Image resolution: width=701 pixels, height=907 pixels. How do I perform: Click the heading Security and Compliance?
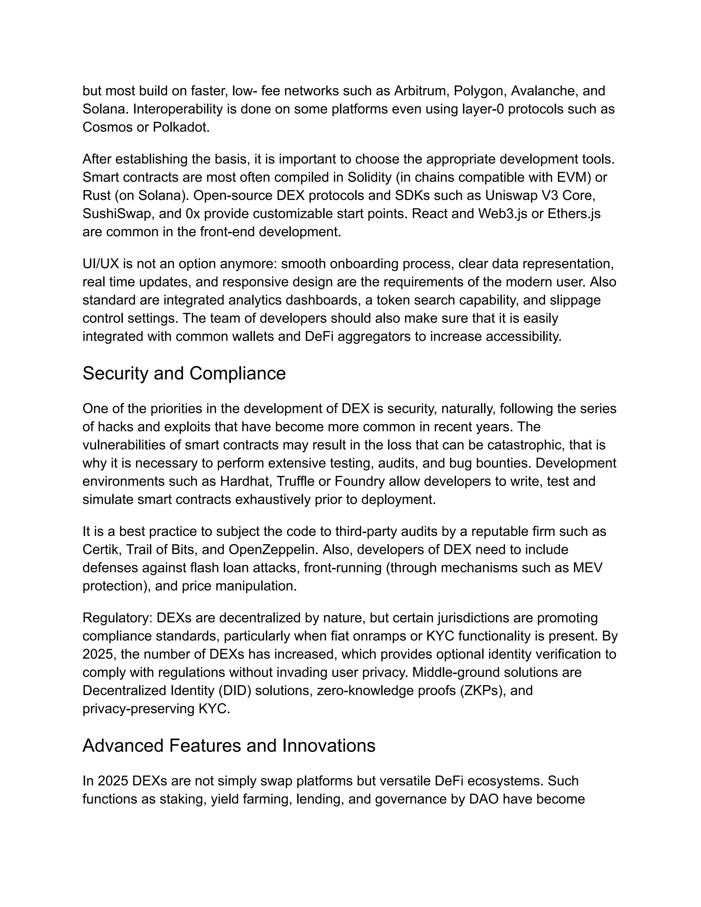(184, 373)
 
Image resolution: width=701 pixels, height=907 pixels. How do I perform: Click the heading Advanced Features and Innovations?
(229, 745)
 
